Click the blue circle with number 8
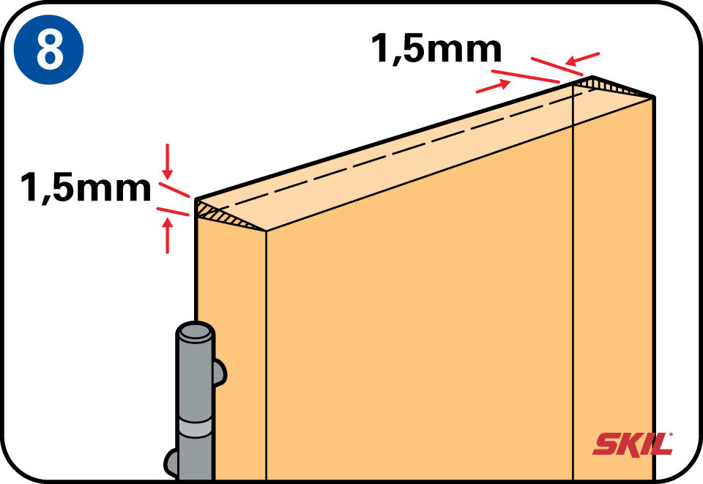click(48, 49)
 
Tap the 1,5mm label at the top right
click(436, 48)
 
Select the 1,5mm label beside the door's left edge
click(86, 187)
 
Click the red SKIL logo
click(633, 444)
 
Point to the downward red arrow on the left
click(168, 161)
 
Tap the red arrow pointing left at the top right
click(582, 59)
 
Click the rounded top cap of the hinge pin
click(195, 332)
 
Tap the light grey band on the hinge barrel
click(195, 429)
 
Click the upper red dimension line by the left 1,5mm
click(175, 190)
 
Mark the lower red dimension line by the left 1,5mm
click(173, 212)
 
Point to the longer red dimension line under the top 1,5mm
click(526, 77)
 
